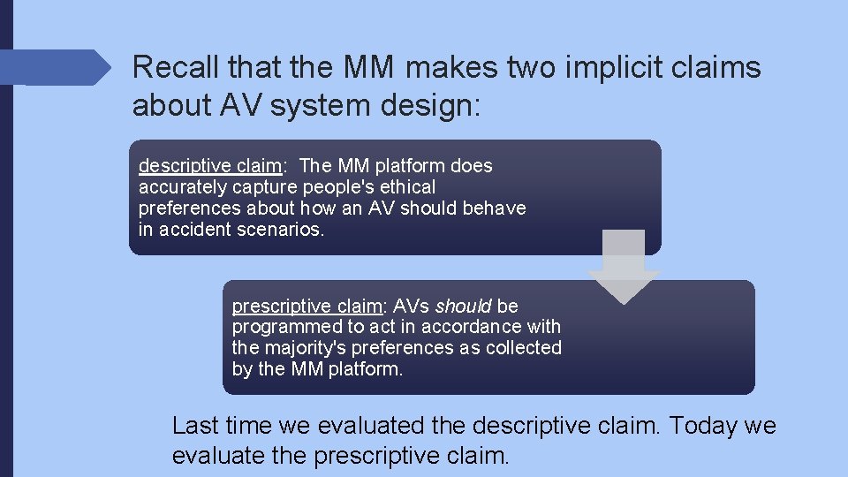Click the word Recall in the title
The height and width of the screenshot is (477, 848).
[x=174, y=68]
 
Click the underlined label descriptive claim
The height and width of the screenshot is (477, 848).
[x=210, y=165]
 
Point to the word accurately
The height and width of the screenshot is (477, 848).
[x=183, y=186]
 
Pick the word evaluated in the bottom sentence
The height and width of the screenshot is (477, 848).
[x=371, y=426]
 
